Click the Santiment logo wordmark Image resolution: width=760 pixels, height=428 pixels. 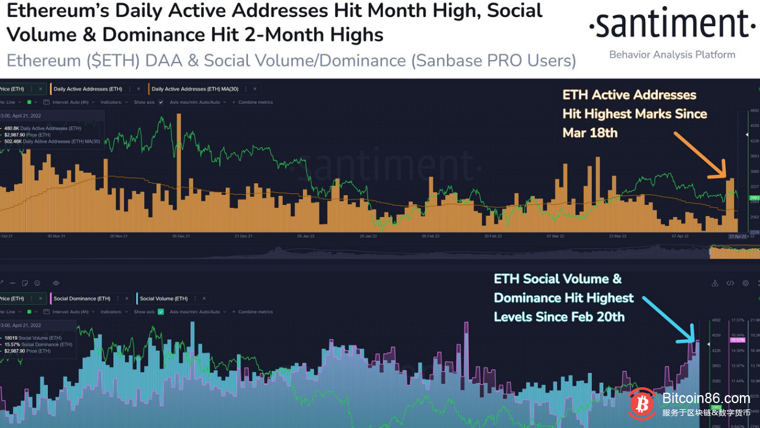(x=672, y=25)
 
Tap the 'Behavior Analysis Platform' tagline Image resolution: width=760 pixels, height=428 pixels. (x=672, y=55)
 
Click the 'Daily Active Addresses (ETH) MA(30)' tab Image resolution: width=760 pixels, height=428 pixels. (x=201, y=89)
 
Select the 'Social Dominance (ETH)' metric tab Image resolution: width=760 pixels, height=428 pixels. (x=82, y=299)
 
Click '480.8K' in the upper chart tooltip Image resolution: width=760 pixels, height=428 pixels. (x=12, y=128)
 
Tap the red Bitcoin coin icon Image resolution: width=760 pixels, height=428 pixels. (x=642, y=404)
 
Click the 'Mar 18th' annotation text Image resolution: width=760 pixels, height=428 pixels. (x=590, y=133)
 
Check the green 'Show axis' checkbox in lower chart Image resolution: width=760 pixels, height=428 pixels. (x=161, y=312)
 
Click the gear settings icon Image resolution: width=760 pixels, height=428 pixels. (x=745, y=283)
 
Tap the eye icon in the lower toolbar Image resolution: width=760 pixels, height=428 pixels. (x=56, y=283)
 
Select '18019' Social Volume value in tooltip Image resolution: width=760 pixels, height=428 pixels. (x=12, y=338)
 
